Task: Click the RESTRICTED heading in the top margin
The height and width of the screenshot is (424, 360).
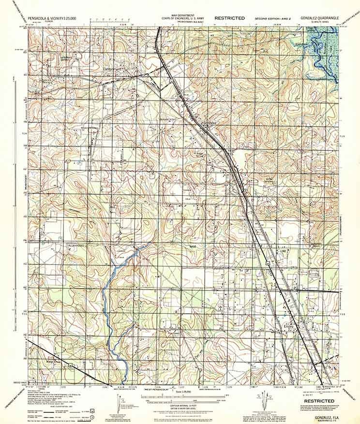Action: point(230,18)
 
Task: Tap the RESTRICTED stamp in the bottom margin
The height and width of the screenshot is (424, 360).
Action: point(317,401)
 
